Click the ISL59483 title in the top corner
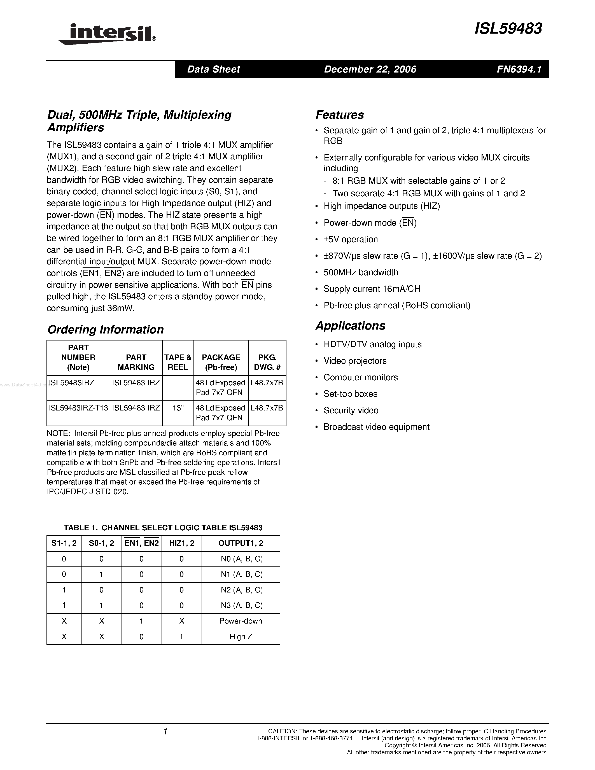508,29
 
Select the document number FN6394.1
519,69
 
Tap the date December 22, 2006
370,69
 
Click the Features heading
339,115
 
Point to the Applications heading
350,325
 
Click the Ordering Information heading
105,329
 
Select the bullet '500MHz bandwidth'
361,272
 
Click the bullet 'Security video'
351,410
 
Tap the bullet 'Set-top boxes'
350,394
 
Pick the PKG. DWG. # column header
267,362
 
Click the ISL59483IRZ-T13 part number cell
78,408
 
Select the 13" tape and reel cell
178,408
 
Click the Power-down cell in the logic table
241,621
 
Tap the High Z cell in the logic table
241,637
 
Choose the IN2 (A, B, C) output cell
241,590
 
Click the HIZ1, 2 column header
181,543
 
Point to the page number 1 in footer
165,732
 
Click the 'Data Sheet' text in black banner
213,69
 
